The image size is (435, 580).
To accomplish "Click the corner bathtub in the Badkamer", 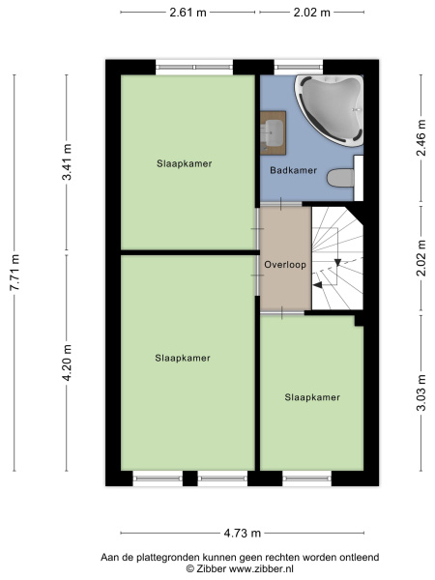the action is tap(329, 109).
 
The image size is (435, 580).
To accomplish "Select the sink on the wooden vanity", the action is tap(273, 132).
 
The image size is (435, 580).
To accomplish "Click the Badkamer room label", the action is tap(293, 170).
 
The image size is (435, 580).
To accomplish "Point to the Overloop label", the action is tap(285, 265).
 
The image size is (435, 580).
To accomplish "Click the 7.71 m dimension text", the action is tap(14, 273).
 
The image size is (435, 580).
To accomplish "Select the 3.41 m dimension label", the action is tap(67, 161).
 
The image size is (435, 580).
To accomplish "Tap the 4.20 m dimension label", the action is tap(67, 362).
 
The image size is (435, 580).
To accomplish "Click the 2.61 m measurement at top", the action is tap(188, 13).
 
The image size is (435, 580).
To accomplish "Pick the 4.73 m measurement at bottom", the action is tap(243, 533).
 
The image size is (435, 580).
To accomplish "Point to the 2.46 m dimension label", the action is tap(421, 137).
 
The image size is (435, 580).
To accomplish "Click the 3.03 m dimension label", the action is tap(421, 392).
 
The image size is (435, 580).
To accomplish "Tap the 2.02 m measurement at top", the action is tap(312, 13).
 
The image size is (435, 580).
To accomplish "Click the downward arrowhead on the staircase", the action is tap(337, 262).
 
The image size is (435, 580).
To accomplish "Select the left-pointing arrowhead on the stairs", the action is tap(317, 284).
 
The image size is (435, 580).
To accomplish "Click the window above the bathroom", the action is tap(299, 68).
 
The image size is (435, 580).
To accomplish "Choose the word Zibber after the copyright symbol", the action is tap(211, 568).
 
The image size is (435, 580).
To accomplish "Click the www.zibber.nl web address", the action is tap(261, 568).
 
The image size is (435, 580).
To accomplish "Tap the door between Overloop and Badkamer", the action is tap(281, 204).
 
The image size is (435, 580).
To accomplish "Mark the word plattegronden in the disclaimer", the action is tap(175, 557).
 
